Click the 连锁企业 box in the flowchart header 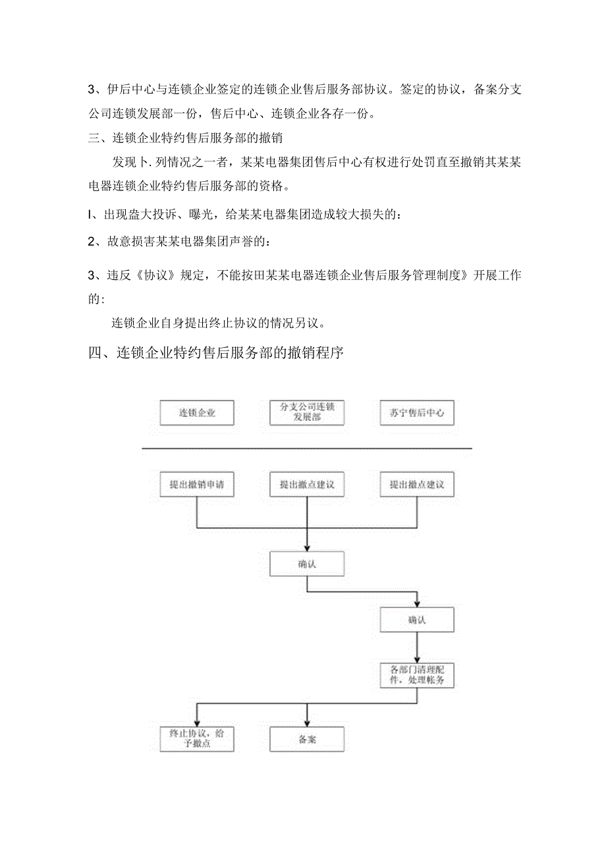click(197, 413)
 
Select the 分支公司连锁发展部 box click(307, 413)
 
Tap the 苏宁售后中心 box click(417, 413)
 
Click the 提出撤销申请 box click(197, 485)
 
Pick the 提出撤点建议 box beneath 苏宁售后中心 click(417, 485)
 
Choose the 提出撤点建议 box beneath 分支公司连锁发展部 click(307, 485)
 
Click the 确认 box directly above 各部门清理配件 click(417, 620)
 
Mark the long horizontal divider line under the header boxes click(307, 449)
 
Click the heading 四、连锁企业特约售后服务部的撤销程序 click(216, 352)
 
